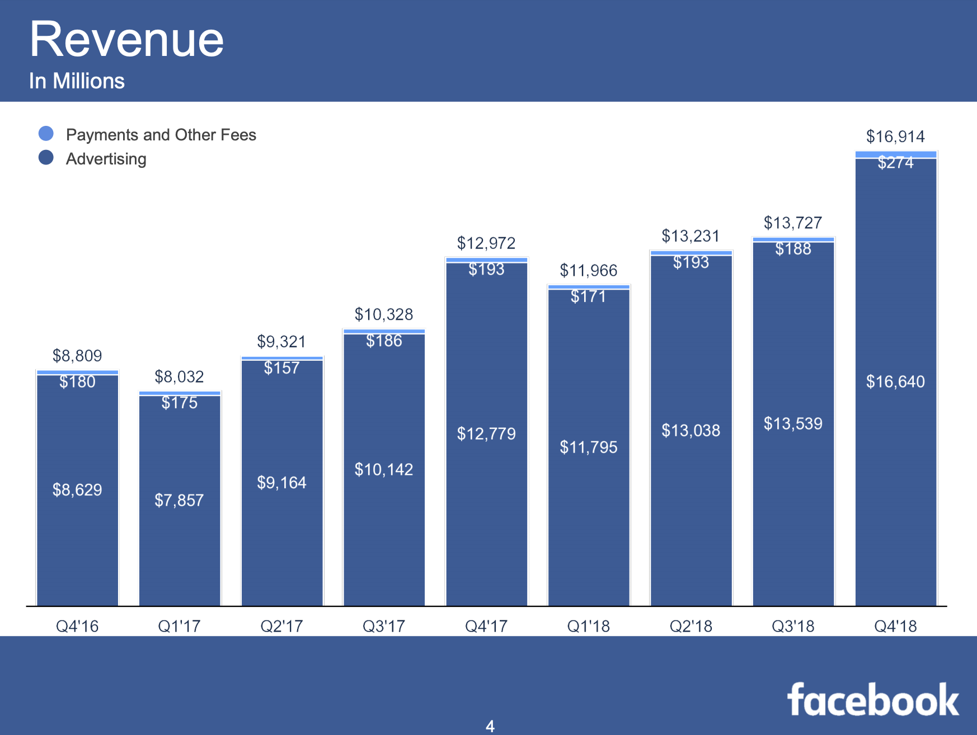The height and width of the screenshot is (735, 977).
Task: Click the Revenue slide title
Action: (126, 39)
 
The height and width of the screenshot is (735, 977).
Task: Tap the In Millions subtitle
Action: (77, 81)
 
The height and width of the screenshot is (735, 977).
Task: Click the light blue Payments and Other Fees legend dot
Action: (46, 134)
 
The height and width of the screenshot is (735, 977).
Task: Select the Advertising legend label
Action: (106, 159)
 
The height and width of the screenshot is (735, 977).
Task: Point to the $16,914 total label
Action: (895, 136)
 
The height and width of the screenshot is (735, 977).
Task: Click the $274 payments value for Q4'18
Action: (895, 163)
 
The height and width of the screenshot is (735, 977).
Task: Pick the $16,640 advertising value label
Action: (895, 381)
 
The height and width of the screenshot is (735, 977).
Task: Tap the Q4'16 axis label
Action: (77, 626)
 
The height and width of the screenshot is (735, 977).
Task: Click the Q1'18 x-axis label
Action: (588, 626)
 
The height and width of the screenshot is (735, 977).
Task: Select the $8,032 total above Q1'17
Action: (179, 376)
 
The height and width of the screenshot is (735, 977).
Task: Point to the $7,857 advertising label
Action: (179, 500)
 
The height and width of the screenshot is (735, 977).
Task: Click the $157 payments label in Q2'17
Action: (281, 368)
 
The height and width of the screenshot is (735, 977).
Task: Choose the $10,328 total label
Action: (384, 314)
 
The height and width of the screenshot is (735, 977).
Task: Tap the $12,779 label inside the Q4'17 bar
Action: (486, 434)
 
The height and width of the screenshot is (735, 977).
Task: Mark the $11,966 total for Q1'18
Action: (588, 271)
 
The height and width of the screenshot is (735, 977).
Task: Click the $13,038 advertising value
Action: (691, 430)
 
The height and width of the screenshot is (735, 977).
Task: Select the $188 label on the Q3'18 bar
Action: (793, 249)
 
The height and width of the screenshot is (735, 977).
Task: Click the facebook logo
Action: (872, 700)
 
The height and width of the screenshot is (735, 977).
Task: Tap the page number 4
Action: (490, 726)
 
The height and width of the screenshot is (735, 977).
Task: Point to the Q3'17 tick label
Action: (384, 626)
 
